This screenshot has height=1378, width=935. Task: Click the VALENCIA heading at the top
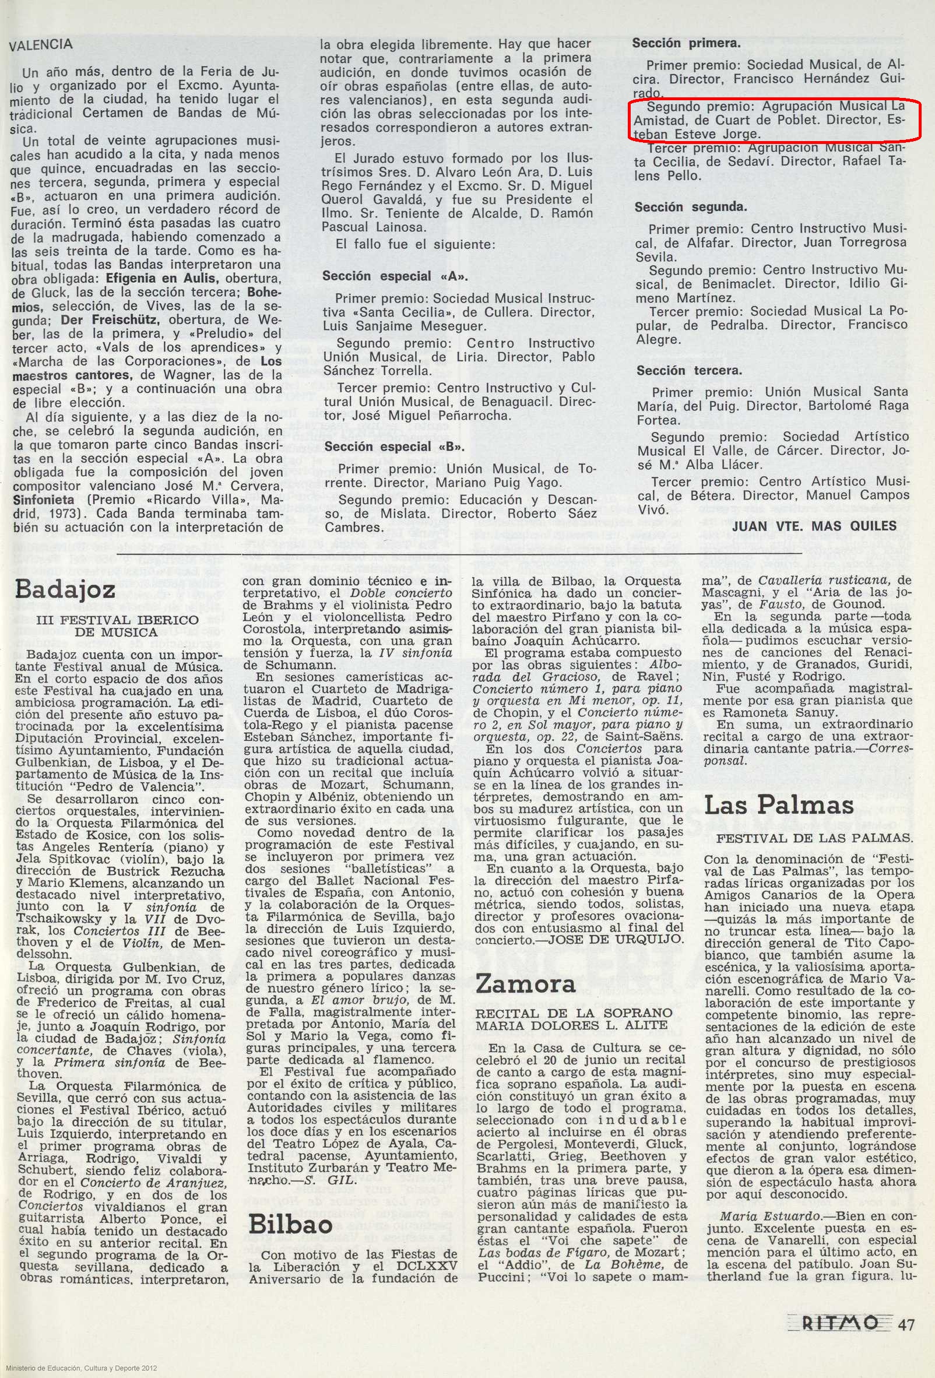click(41, 44)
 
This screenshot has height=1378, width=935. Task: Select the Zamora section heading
click(525, 985)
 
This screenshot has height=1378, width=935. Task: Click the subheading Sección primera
click(686, 43)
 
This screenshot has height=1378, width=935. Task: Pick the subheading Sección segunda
click(691, 208)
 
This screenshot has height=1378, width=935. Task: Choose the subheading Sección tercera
click(688, 371)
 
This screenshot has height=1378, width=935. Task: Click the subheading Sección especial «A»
click(393, 276)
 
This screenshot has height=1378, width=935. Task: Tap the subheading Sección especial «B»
click(393, 447)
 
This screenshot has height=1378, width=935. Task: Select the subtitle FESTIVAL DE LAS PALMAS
click(815, 839)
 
